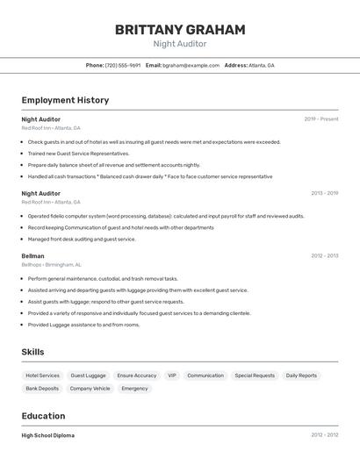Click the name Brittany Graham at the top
[180, 30]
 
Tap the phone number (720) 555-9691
[123, 65]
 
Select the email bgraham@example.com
[191, 65]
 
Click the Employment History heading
[65, 100]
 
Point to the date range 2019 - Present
[321, 119]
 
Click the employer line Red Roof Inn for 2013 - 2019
[51, 202]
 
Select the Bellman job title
[32, 256]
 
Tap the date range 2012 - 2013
[324, 256]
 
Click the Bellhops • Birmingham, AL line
[51, 264]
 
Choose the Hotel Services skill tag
[43, 376]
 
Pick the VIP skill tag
[172, 376]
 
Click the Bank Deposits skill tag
[42, 388]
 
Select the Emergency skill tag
[134, 388]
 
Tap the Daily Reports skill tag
[301, 376]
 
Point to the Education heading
[43, 416]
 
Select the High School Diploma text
[48, 435]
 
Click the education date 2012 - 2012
[324, 435]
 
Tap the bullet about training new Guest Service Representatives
[78, 153]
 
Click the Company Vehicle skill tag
[90, 388]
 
